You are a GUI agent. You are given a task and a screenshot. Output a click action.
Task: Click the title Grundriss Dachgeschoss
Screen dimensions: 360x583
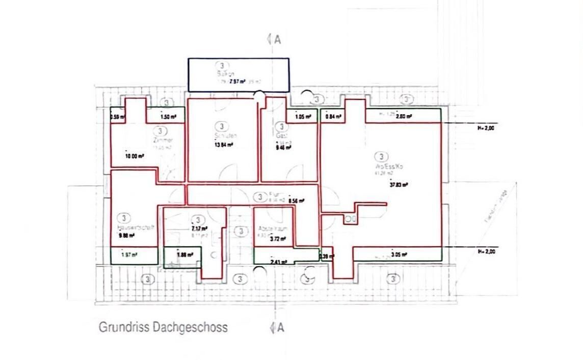tap(163, 327)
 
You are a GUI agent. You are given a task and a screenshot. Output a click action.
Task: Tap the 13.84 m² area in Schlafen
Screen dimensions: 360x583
tap(224, 144)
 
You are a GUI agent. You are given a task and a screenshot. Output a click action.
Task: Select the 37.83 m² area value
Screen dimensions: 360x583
tap(399, 185)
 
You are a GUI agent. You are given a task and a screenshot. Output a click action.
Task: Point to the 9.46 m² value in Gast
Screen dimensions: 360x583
tap(283, 147)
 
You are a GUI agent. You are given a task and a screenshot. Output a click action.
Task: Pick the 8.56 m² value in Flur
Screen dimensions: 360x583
tap(296, 201)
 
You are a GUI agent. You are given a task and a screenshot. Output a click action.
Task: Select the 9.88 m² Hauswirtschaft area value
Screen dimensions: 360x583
tap(126, 236)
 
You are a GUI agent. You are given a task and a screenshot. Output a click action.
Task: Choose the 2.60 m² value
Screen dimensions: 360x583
tap(404, 116)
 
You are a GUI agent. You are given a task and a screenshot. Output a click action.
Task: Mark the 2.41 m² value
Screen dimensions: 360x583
tap(279, 262)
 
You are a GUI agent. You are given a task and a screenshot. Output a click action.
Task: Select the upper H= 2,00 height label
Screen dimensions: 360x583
tap(486, 127)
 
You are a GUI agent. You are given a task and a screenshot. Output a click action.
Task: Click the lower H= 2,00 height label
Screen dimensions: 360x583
tap(486, 251)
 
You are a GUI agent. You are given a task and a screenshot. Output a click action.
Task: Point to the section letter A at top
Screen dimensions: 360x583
tap(277, 40)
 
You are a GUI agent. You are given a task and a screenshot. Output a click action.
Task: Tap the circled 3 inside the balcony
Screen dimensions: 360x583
tap(223, 65)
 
